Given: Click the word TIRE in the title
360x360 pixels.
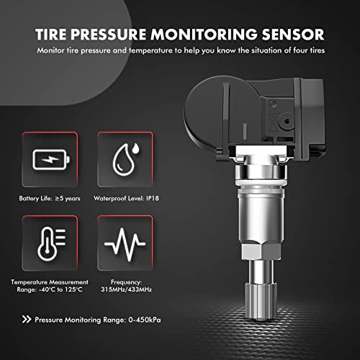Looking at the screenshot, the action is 50,35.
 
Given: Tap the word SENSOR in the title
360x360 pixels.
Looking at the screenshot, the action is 293,35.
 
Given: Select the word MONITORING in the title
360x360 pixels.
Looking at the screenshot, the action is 204,35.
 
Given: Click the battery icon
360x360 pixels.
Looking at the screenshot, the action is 51,160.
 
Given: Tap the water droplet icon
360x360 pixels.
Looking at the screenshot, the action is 125,159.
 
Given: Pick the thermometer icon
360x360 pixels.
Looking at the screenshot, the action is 51,243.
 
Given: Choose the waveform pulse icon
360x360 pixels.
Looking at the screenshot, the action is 125,244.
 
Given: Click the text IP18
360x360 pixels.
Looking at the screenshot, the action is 153,198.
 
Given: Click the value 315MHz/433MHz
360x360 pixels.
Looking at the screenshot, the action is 126,289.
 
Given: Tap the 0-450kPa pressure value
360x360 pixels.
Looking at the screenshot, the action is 145,320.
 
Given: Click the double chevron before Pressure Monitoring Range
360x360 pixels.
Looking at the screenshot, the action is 27,320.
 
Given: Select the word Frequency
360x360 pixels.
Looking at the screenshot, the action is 126,282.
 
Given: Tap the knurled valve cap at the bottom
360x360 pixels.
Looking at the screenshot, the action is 261,300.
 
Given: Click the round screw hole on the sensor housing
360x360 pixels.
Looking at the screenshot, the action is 286,121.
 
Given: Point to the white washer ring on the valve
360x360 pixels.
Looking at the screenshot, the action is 261,182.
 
